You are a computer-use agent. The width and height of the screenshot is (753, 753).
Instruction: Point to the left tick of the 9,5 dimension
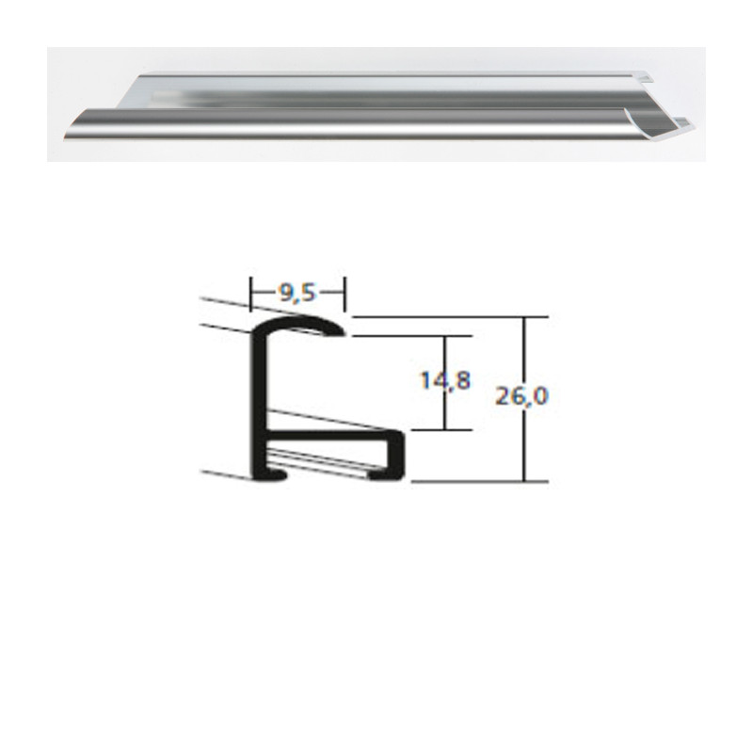[250, 293]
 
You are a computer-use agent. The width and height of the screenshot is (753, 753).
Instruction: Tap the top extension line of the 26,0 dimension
[442, 317]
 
